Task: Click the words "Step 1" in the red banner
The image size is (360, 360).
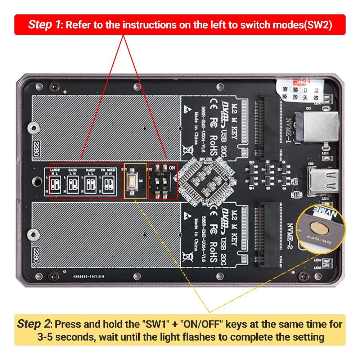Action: [x=45, y=25]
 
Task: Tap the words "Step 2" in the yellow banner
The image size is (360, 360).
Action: [x=34, y=324]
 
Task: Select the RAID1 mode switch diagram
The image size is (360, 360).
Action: [x=73, y=183]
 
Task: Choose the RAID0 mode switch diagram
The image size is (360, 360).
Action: [x=90, y=183]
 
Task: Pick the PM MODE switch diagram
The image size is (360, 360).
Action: [x=108, y=183]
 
